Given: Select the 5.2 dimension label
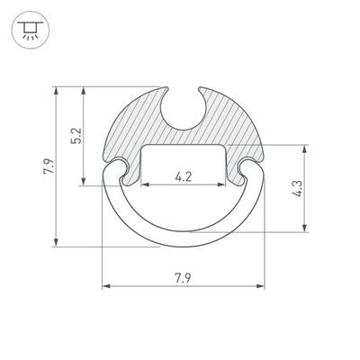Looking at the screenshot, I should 76,137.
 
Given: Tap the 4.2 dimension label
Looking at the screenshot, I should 183,177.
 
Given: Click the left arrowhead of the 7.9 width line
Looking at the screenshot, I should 105,286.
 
